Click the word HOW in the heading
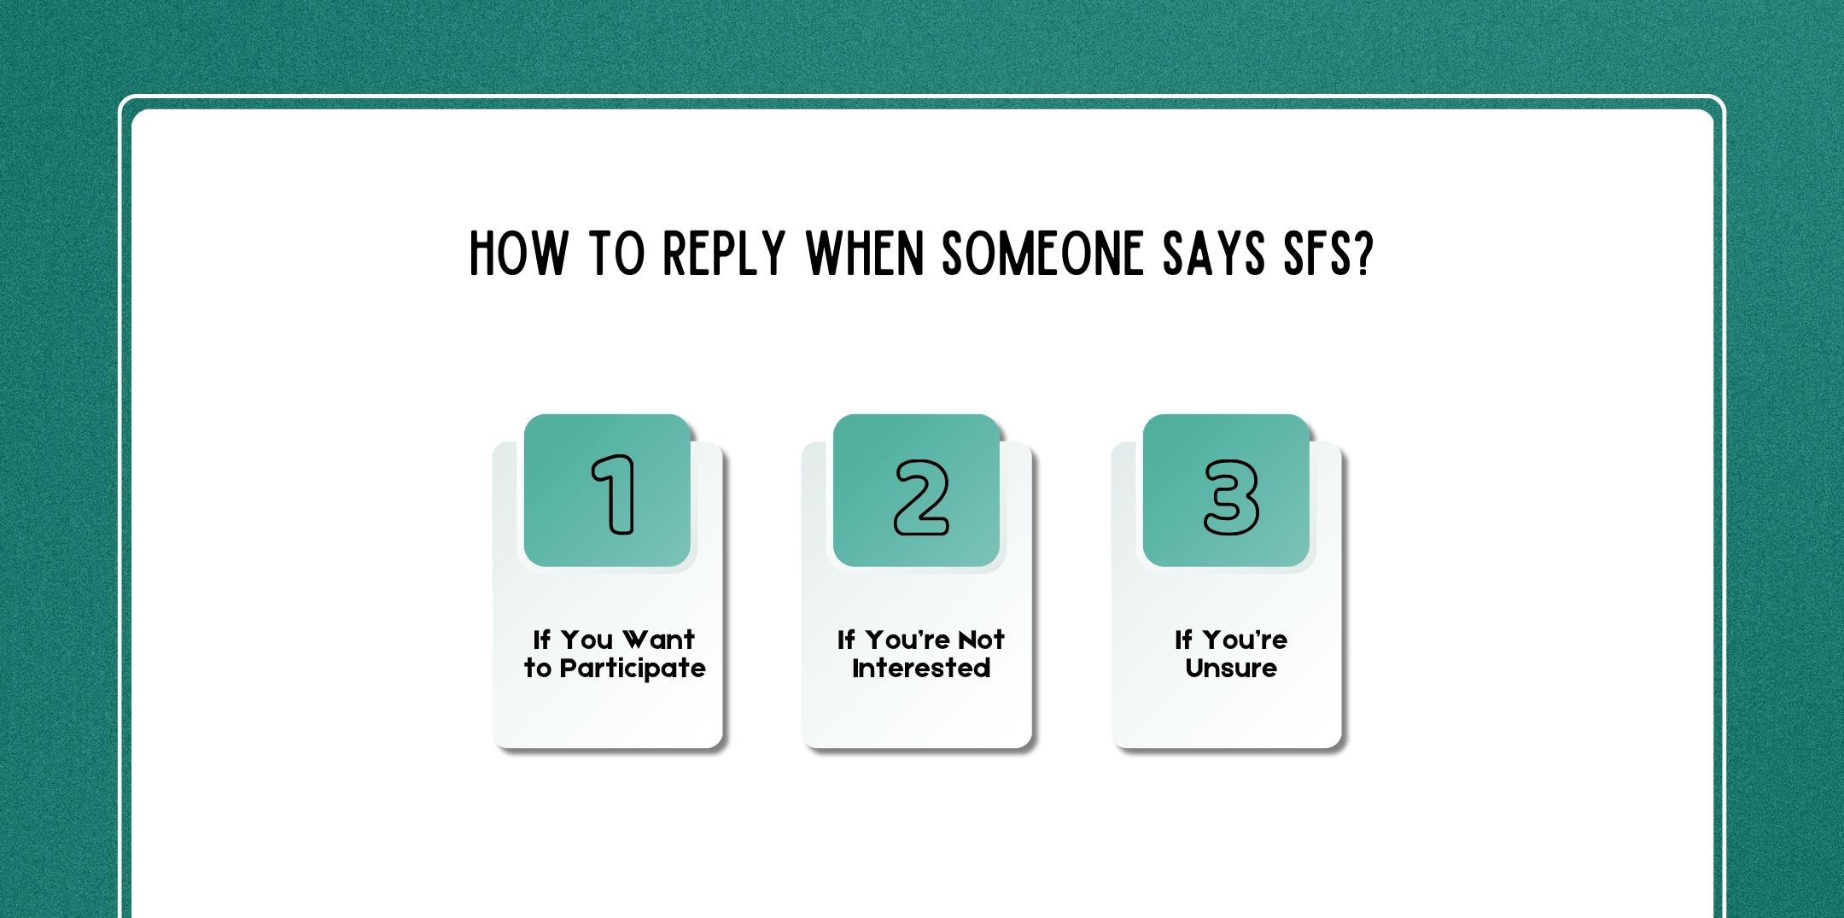point(517,254)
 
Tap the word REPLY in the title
point(724,254)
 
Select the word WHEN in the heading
point(865,254)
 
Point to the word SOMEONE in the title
point(1042,254)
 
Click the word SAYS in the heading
point(1213,254)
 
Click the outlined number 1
point(614,495)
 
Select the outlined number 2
point(921,497)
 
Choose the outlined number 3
point(1230,497)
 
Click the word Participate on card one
point(633,669)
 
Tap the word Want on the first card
point(658,640)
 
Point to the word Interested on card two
point(921,668)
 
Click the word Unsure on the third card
point(1230,668)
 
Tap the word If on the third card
point(1183,640)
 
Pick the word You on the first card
point(586,640)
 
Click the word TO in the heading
point(616,254)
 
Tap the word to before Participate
point(538,669)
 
